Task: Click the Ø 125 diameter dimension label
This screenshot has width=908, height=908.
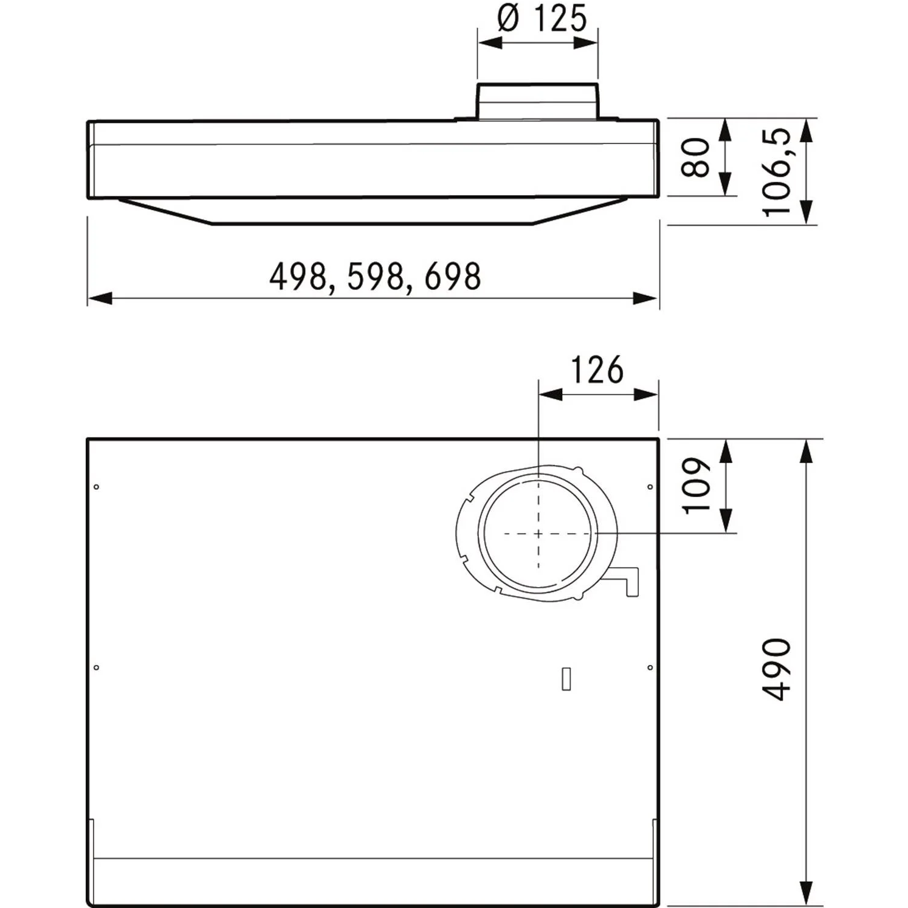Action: [542, 19]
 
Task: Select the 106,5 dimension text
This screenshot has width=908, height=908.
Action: [777, 172]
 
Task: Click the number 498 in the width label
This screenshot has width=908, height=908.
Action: [298, 277]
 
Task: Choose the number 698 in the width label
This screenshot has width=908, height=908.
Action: [453, 277]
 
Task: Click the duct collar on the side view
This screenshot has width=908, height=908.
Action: [537, 102]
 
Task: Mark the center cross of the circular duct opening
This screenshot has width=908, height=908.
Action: [538, 534]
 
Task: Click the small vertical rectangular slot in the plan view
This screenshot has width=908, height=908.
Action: [566, 679]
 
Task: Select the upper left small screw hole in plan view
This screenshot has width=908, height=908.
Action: [96, 487]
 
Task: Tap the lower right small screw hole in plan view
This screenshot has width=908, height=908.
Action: [650, 667]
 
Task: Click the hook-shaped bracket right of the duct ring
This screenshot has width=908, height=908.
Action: [629, 580]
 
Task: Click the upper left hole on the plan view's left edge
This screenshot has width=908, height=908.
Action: [96, 487]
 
